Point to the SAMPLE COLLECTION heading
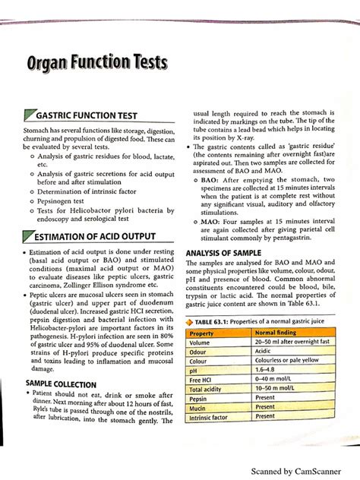click(x=61, y=384)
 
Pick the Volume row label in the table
click(x=201, y=343)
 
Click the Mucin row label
click(x=200, y=407)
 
